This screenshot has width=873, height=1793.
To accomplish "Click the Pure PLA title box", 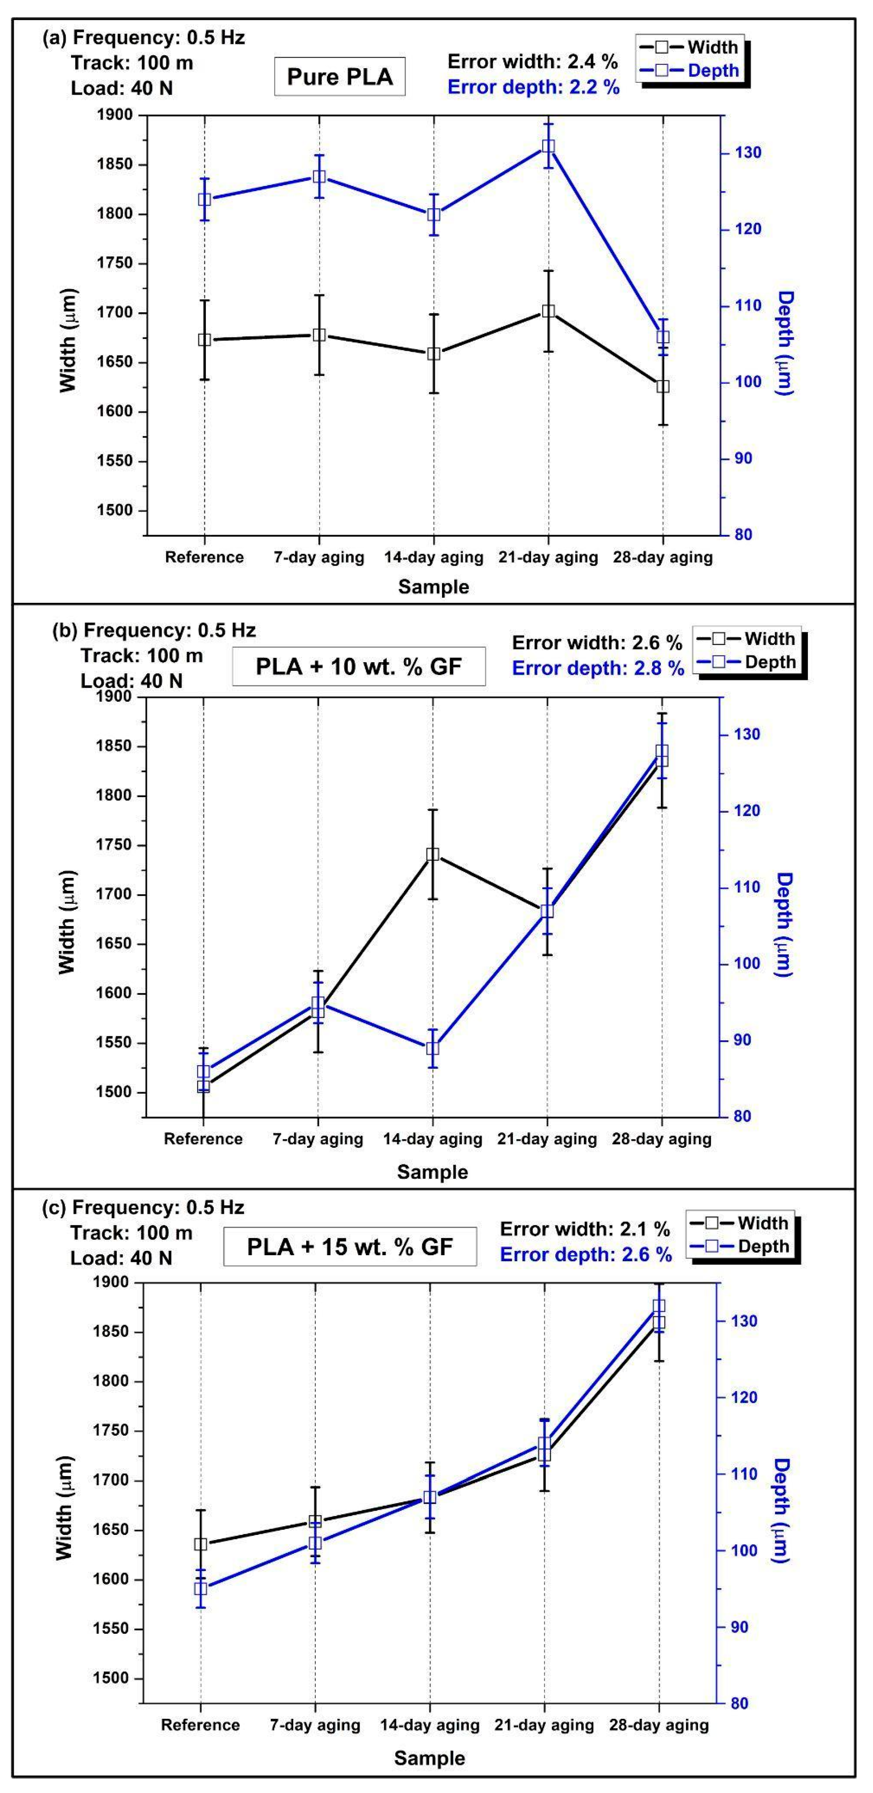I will pyautogui.click(x=340, y=76).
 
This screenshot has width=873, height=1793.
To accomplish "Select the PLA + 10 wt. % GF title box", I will pyautogui.click(x=358, y=667).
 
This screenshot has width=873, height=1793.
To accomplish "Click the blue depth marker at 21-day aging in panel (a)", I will pyautogui.click(x=548, y=147).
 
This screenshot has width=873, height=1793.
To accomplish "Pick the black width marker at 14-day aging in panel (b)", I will pyautogui.click(x=433, y=855).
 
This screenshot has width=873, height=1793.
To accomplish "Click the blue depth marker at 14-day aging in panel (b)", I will pyautogui.click(x=433, y=1048).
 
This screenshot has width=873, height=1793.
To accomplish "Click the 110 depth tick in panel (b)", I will pyautogui.click(x=745, y=887).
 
